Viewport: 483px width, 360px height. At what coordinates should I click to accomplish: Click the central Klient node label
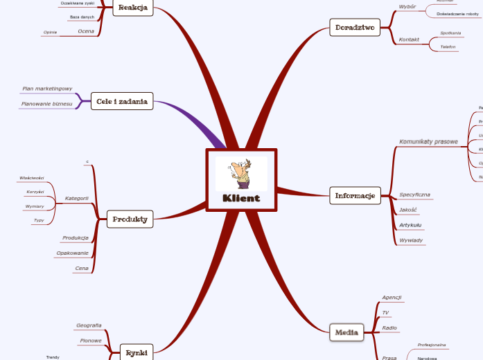(241, 198)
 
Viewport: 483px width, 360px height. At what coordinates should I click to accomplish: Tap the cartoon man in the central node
(241, 173)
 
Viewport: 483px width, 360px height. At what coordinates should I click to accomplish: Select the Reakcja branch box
(133, 8)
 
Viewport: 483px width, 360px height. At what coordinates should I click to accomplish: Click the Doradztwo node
(355, 28)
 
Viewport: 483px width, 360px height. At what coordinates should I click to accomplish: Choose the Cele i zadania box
(122, 102)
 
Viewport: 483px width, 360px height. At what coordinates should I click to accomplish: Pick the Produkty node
(130, 219)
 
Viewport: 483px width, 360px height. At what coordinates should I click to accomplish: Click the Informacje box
(355, 196)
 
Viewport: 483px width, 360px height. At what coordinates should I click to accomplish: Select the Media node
(346, 333)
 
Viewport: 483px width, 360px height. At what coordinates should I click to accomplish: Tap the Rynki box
(136, 352)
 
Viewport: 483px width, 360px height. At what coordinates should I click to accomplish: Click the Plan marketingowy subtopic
(47, 89)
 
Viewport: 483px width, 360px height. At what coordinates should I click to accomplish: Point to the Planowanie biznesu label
(46, 104)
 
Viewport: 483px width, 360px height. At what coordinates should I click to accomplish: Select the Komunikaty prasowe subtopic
(428, 142)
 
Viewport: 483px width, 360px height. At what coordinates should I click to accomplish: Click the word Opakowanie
(73, 253)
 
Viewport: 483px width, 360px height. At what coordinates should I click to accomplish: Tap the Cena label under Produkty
(82, 268)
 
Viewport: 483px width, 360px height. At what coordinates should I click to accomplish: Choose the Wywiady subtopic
(412, 240)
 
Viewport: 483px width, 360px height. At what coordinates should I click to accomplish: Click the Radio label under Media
(389, 327)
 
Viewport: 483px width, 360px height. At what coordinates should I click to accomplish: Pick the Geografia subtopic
(89, 325)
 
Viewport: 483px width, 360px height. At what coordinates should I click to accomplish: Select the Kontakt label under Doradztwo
(409, 39)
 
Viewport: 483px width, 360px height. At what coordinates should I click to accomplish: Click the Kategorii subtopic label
(76, 198)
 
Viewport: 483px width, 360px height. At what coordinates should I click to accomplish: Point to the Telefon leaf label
(448, 47)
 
